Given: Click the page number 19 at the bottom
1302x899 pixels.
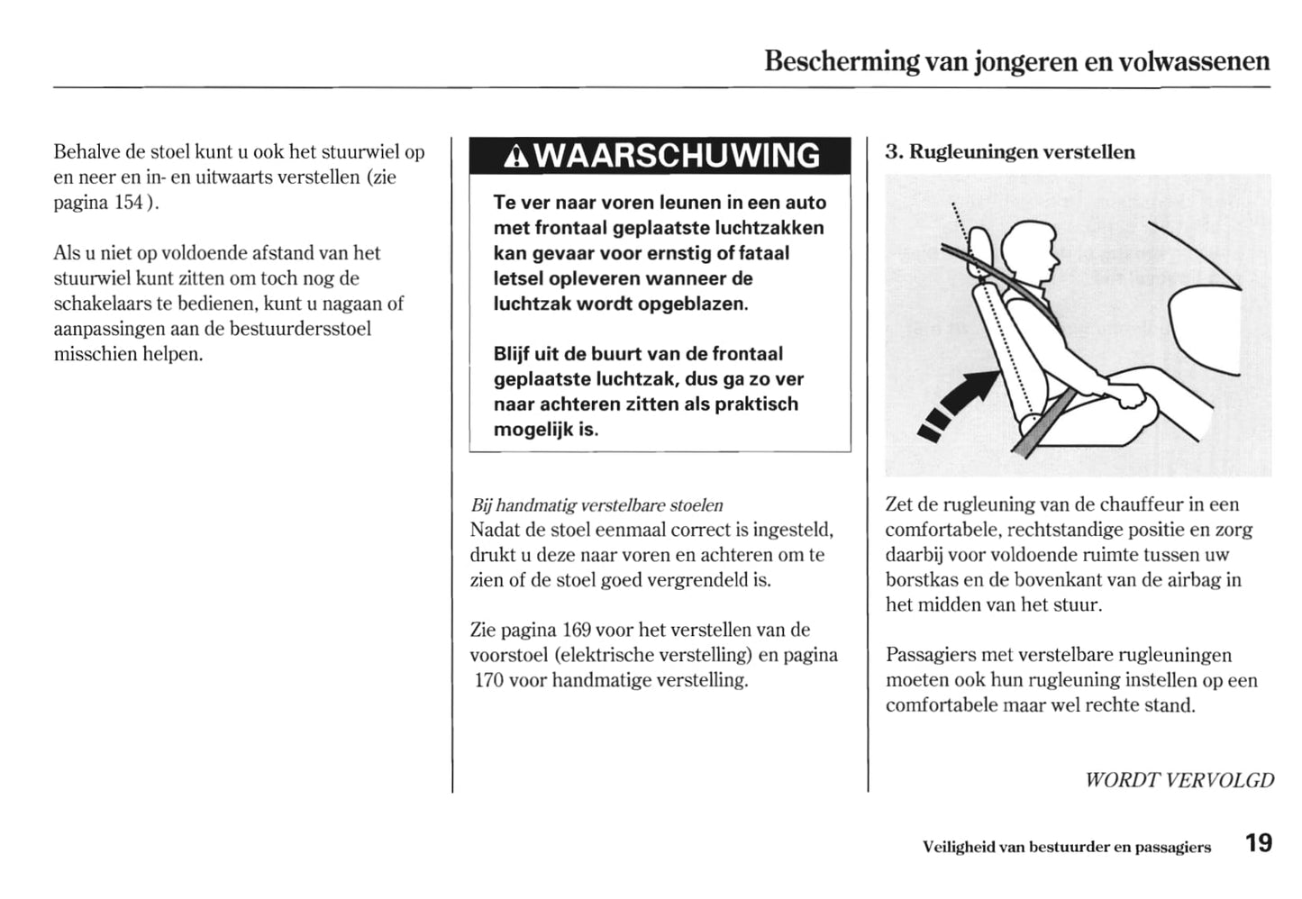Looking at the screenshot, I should (1259, 843).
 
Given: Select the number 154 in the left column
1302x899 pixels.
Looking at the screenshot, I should (128, 202).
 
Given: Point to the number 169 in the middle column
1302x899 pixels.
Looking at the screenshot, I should (576, 630).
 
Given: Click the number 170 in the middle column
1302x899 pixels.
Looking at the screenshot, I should (488, 680).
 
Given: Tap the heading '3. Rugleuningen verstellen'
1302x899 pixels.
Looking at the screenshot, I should (1009, 151).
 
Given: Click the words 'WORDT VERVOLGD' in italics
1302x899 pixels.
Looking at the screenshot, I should (1179, 780).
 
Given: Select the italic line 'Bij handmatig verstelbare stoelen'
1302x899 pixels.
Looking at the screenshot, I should (596, 505).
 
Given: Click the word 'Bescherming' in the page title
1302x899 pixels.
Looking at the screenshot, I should (842, 61).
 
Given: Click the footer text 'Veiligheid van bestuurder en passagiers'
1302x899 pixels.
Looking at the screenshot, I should (1066, 847).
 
